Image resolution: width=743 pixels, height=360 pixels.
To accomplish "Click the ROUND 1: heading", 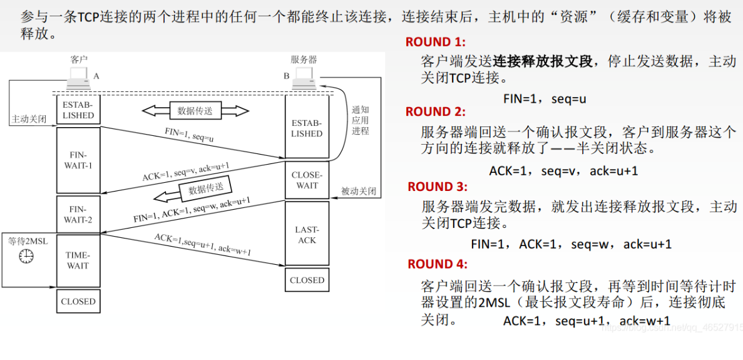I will click(436, 42).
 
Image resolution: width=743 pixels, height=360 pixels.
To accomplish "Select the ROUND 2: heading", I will click(436, 112).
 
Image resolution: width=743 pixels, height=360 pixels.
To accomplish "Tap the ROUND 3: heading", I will click(437, 187).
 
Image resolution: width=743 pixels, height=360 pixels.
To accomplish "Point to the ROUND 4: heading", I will click(437, 264).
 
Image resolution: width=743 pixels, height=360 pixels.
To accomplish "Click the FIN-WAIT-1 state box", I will click(78, 160).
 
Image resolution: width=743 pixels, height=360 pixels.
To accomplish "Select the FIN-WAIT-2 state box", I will click(78, 214).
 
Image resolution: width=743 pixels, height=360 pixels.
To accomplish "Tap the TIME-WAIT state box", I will click(78, 260).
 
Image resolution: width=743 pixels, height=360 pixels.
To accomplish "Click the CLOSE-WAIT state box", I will click(307, 180).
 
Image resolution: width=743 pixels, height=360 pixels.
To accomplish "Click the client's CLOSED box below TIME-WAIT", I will click(78, 301).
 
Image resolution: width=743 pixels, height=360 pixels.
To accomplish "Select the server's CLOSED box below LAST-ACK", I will click(307, 280).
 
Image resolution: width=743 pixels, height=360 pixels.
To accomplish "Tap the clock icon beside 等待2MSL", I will click(26, 256).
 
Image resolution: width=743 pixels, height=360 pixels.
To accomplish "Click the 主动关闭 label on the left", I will click(29, 119).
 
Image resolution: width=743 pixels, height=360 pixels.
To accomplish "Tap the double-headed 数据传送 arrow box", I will click(195, 111).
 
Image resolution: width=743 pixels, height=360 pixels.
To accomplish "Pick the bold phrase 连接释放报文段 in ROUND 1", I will click(543, 61).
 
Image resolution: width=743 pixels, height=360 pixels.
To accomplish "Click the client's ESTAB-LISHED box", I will click(78, 110).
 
